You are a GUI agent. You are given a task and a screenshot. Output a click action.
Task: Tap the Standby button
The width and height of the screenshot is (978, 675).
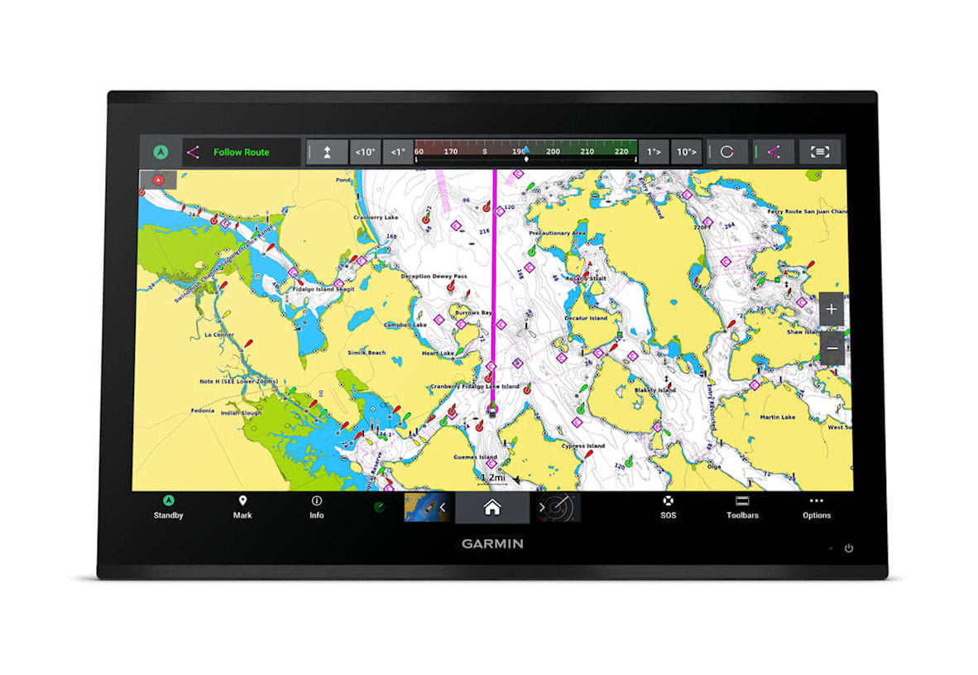[168, 507]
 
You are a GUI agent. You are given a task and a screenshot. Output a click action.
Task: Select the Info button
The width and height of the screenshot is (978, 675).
[316, 507]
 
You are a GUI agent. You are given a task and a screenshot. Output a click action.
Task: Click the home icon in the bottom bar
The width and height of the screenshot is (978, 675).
[492, 508]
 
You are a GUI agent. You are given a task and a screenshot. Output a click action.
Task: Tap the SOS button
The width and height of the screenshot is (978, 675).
[668, 507]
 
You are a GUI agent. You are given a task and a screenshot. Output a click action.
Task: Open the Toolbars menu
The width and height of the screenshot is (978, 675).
[742, 507]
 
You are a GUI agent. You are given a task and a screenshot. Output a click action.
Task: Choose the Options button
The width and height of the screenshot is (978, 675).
[816, 507]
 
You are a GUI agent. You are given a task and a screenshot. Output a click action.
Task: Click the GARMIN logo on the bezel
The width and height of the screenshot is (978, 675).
[492, 544]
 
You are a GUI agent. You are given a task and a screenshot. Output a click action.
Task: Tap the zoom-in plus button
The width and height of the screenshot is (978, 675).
[832, 310]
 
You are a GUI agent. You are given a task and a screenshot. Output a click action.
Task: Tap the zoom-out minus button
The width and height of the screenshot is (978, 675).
[832, 349]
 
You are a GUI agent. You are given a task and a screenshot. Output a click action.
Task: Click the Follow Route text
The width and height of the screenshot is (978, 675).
[242, 152]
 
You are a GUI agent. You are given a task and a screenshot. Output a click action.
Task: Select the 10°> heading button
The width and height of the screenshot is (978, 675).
[687, 152]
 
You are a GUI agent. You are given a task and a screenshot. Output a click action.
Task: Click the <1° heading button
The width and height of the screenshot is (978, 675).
[398, 152]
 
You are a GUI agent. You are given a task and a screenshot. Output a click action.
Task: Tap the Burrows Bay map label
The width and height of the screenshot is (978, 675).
[475, 313]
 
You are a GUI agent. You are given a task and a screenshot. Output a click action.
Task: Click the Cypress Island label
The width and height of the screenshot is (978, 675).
[583, 446]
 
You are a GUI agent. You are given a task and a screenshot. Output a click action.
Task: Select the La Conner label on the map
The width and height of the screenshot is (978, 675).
[218, 335]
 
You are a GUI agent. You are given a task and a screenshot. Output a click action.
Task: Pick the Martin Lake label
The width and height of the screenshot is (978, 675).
[778, 417]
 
